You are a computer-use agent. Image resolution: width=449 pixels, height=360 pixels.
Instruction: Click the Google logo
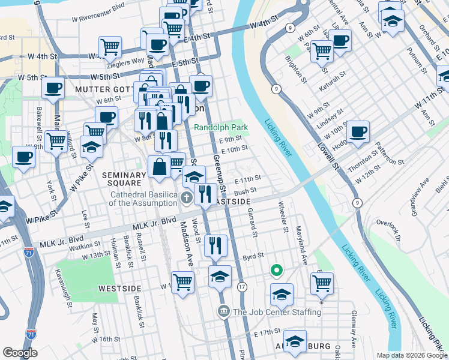click(x=20, y=353)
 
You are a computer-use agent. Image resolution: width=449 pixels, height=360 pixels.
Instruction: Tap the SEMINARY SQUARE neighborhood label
click(x=124, y=179)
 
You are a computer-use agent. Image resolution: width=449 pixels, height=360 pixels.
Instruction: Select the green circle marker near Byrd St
click(x=276, y=271)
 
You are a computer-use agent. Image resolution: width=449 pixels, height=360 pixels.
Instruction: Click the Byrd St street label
click(x=254, y=256)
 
